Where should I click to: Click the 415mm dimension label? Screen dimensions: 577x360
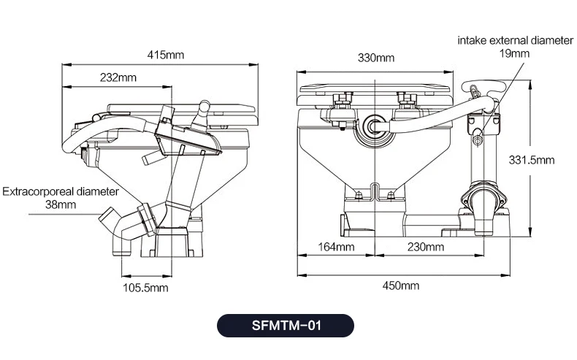click(166, 55)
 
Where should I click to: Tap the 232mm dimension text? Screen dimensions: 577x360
click(118, 77)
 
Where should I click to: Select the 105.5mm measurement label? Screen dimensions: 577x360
click(145, 288)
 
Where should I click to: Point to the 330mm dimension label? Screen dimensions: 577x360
click(376, 58)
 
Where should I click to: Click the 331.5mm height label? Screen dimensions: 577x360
click(532, 160)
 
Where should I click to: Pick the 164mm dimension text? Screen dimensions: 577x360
click(336, 247)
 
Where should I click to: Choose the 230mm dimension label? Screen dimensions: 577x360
click(426, 247)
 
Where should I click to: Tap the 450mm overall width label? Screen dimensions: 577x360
click(401, 286)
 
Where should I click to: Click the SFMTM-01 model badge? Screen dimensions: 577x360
click(286, 326)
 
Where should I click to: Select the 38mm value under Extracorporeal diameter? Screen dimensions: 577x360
click(61, 204)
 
